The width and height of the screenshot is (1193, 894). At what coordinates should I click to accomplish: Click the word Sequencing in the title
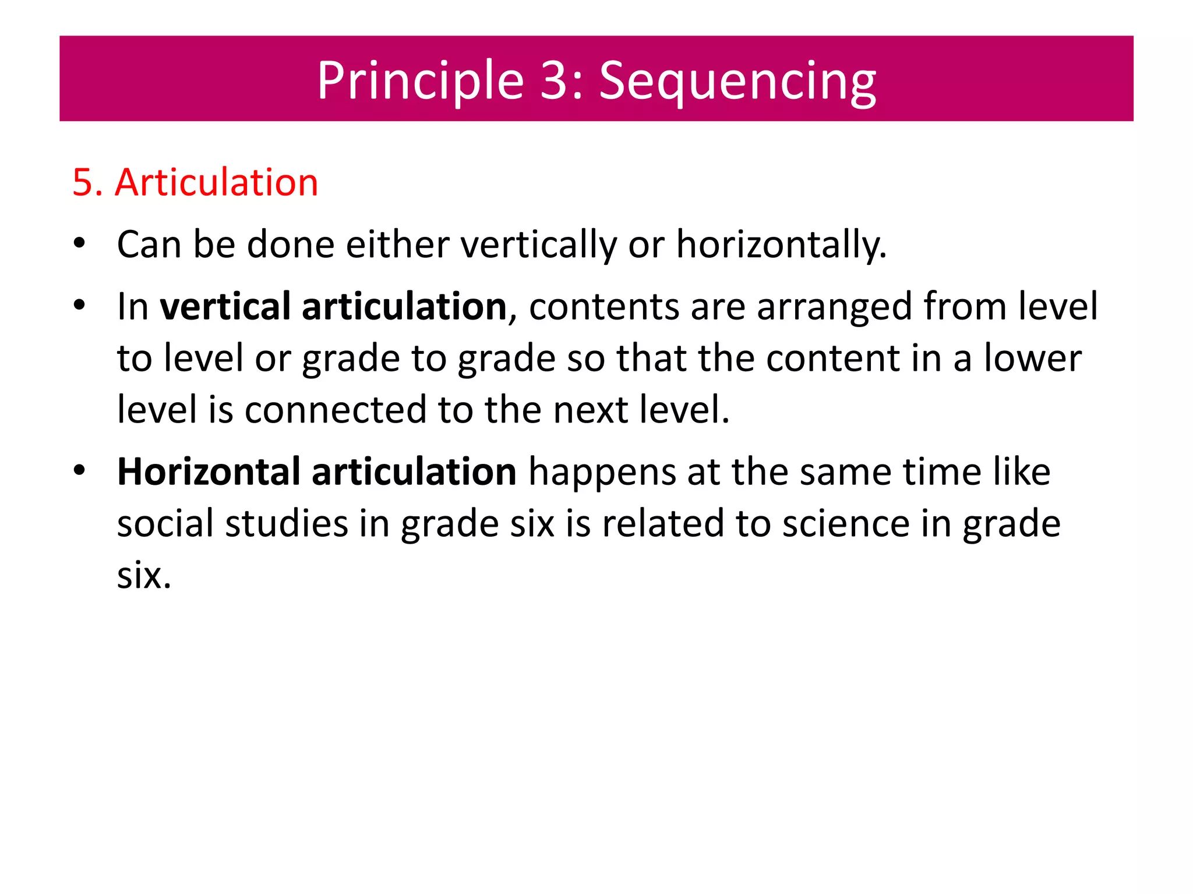coord(737,81)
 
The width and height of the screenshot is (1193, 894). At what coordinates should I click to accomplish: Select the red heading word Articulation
coord(216,182)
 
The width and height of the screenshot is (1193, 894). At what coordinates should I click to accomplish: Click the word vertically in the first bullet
coord(538,244)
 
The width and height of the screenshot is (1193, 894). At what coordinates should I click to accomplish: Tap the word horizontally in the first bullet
coord(781,244)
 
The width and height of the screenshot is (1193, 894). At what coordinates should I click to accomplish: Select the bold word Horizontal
coord(208,471)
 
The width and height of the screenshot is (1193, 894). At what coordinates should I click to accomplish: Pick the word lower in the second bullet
coord(1032,358)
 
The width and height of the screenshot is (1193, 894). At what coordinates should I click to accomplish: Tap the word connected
coord(336,409)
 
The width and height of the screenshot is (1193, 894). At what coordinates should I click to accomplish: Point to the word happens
coord(602,473)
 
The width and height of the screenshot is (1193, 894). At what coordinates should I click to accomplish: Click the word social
coord(165,523)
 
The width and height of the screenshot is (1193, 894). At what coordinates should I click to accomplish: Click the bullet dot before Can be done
coord(79,244)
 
